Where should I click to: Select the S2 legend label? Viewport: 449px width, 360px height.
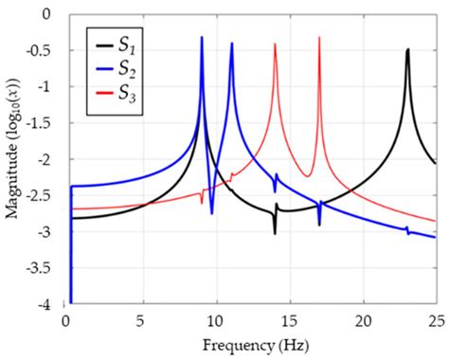click(x=126, y=67)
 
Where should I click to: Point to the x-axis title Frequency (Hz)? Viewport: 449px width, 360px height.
click(x=251, y=346)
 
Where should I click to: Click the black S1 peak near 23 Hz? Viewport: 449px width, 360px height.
click(x=407, y=50)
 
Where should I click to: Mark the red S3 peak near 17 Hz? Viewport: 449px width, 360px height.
click(x=319, y=38)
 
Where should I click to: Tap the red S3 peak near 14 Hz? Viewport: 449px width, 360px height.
click(x=275, y=45)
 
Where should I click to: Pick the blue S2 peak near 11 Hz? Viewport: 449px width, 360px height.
click(x=231, y=44)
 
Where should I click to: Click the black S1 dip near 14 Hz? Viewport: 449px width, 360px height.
click(x=275, y=232)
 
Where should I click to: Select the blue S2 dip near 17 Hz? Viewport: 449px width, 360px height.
click(x=319, y=225)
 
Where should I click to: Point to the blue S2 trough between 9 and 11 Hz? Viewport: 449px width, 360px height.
click(x=211, y=213)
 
